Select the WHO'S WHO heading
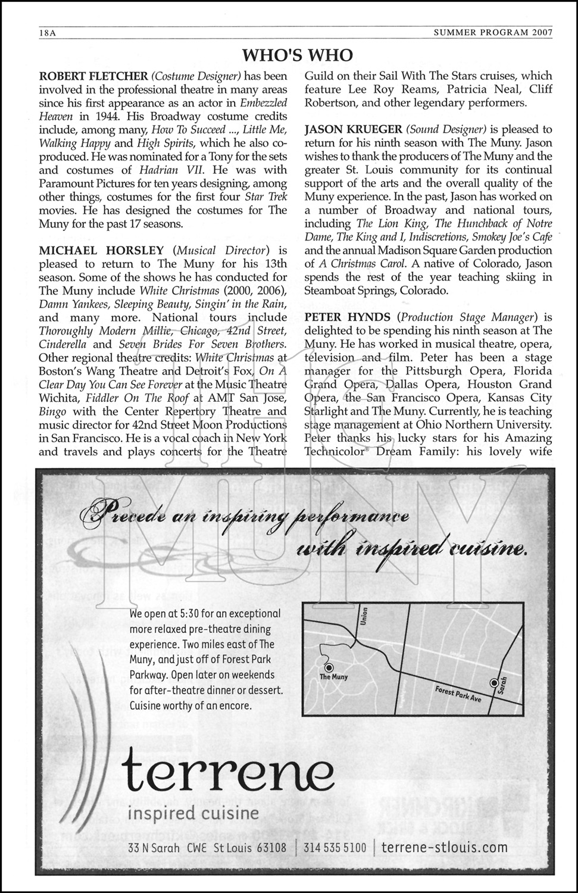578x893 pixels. [298, 56]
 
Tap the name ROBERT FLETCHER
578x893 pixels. [93, 76]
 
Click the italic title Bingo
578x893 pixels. [52, 411]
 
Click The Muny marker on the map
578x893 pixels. [329, 669]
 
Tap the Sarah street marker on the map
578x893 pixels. [493, 682]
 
